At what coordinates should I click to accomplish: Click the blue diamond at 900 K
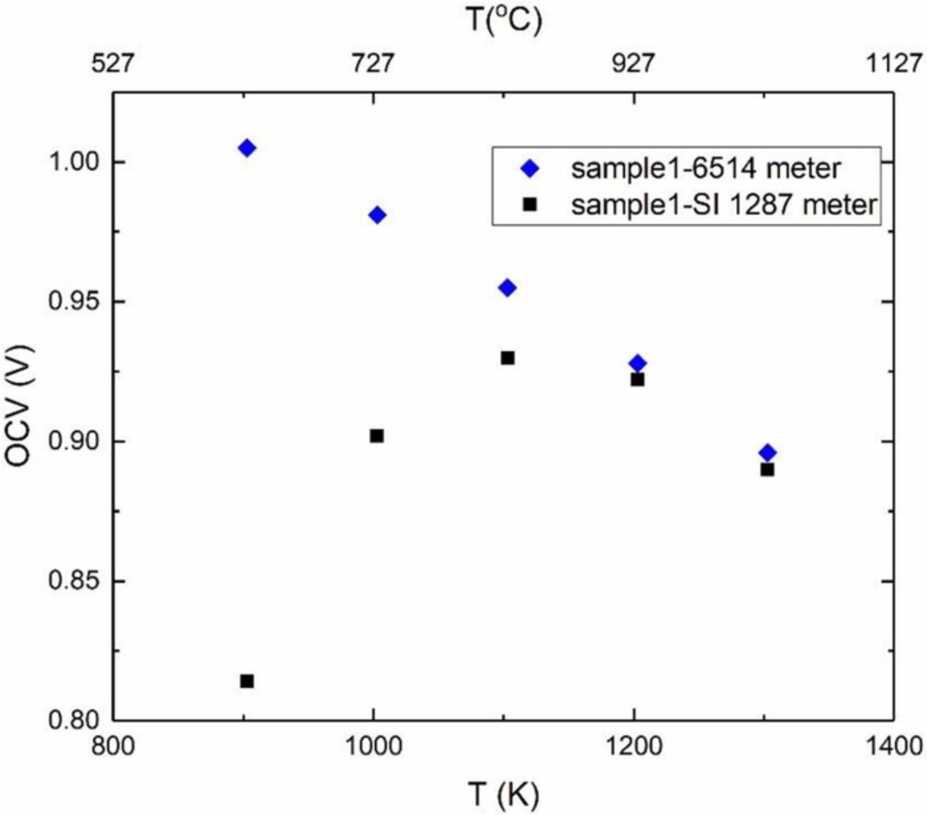pyautogui.click(x=247, y=148)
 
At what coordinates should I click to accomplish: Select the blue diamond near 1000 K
pyautogui.click(x=377, y=215)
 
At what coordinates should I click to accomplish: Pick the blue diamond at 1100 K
pyautogui.click(x=508, y=288)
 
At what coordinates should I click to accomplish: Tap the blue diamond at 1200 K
pyautogui.click(x=638, y=363)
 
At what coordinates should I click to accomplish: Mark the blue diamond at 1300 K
pyautogui.click(x=768, y=453)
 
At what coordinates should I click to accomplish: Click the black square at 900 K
pyautogui.click(x=247, y=681)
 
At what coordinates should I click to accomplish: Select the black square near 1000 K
pyautogui.click(x=377, y=436)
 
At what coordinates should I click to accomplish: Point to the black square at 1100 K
pyautogui.click(x=508, y=358)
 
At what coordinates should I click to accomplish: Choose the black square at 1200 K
pyautogui.click(x=637, y=380)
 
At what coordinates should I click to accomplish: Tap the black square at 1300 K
pyautogui.click(x=768, y=469)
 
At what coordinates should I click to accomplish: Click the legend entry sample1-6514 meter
pyautogui.click(x=705, y=169)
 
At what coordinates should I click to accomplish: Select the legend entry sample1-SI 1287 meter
pyautogui.click(x=723, y=204)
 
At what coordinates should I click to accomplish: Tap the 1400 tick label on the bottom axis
pyautogui.click(x=893, y=745)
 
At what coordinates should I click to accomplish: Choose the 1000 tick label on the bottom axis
pyautogui.click(x=373, y=745)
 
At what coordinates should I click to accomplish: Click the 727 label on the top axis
pyautogui.click(x=373, y=64)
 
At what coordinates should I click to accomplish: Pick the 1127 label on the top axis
pyautogui.click(x=893, y=64)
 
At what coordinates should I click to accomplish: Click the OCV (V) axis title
pyautogui.click(x=19, y=406)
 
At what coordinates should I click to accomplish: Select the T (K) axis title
pyautogui.click(x=503, y=795)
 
